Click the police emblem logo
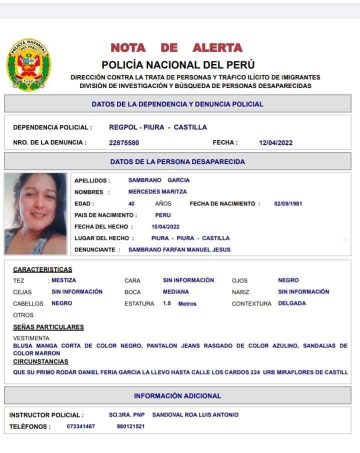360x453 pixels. pos(28,65)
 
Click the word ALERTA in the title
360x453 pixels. pos(217,48)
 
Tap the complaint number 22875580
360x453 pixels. pos(124,142)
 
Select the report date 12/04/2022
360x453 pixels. pos(275,142)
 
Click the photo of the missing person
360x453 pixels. pos(35,213)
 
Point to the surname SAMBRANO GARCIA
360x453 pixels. pos(158,180)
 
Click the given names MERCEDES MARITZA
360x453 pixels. pos(157,192)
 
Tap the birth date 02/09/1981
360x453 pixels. pos(288,203)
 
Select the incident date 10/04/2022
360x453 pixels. pos(165,226)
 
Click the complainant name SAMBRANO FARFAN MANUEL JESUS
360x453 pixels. pos(179,249)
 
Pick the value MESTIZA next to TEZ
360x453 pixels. pos(64,280)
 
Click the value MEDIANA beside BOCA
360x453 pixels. pos(176,292)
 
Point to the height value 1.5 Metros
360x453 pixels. pos(179,303)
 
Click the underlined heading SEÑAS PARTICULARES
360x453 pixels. pos(48,327)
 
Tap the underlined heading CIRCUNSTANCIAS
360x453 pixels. pos(40,361)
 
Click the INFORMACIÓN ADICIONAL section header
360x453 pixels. pos(177,396)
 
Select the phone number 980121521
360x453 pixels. pos(130,426)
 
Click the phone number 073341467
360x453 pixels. pos(80,426)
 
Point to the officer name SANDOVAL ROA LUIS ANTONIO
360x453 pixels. pos(195,415)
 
